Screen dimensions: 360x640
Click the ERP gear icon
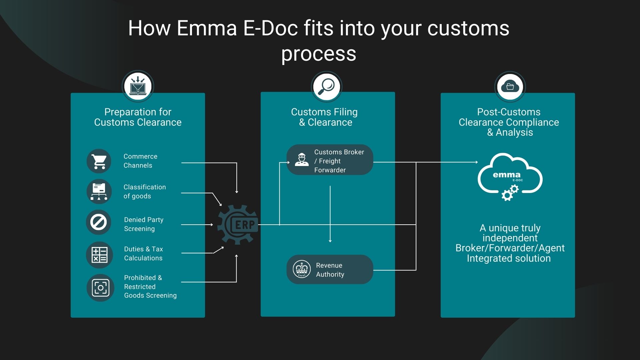tap(238, 225)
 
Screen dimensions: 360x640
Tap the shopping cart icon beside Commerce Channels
tap(99, 161)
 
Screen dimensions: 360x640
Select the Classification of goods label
tap(144, 192)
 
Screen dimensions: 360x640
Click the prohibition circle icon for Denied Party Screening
tap(99, 222)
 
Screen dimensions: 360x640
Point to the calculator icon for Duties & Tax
tap(99, 255)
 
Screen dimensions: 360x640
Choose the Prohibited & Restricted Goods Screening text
tap(150, 287)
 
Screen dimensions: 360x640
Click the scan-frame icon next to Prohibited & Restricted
tap(100, 288)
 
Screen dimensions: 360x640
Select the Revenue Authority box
tap(330, 270)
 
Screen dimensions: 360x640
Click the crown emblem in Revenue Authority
tap(301, 269)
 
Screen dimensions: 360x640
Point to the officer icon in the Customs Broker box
tap(301, 159)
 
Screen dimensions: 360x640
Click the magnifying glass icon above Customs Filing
tap(327, 87)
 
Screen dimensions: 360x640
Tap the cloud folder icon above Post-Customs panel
tap(510, 87)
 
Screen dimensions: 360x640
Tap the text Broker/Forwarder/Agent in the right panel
tap(510, 248)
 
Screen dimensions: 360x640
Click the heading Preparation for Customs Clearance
tap(138, 117)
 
